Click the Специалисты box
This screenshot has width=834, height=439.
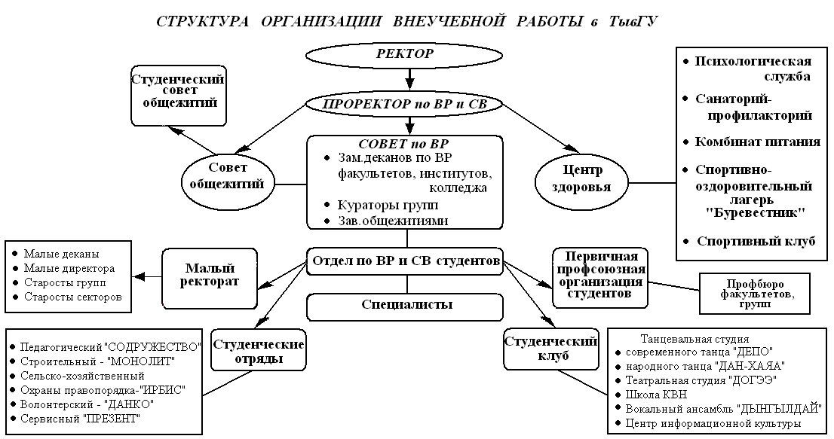click(406, 305)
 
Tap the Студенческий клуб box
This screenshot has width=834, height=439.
click(551, 347)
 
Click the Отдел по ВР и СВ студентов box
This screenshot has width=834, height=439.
click(406, 261)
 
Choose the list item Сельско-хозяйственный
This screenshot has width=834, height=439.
click(82, 375)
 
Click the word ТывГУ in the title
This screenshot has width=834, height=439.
click(631, 21)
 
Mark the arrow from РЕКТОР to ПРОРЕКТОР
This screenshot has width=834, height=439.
click(408, 77)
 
